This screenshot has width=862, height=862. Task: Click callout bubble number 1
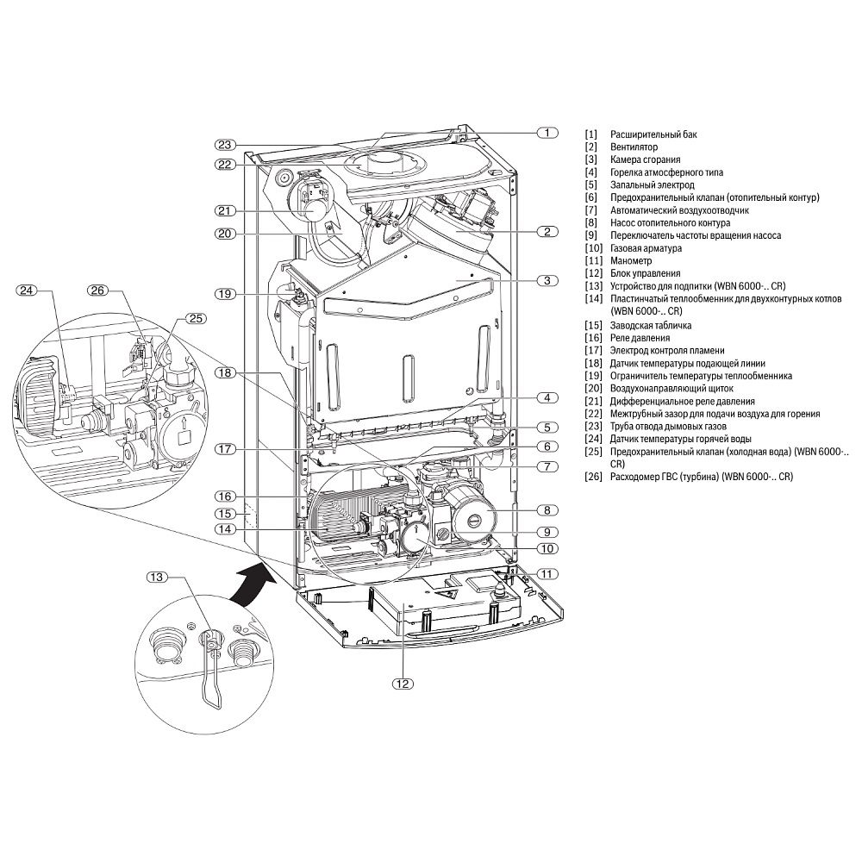tap(547, 133)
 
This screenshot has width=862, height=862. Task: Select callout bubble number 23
tap(226, 144)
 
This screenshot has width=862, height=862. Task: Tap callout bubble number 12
tap(402, 684)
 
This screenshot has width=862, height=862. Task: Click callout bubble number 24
tap(29, 290)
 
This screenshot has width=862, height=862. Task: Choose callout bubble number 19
tap(226, 294)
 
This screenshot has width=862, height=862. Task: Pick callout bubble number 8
tap(547, 509)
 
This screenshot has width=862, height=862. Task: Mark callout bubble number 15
tap(226, 513)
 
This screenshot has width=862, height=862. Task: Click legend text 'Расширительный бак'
tap(653, 135)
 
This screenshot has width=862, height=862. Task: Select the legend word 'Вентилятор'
tap(634, 147)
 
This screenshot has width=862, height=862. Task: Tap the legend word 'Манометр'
tap(631, 260)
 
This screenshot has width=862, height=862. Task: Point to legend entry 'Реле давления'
tap(640, 338)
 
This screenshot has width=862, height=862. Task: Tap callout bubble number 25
tap(197, 318)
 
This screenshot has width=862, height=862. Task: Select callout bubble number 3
tap(547, 280)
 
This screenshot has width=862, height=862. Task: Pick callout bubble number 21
tap(226, 210)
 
